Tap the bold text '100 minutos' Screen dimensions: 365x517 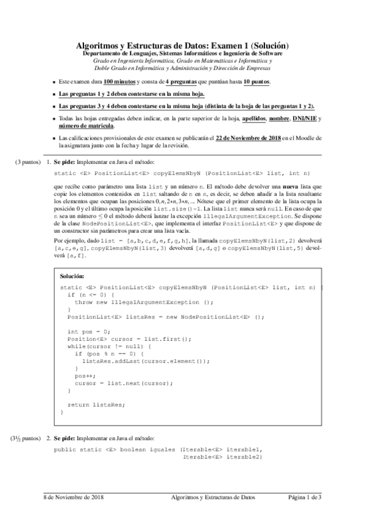tap(119, 82)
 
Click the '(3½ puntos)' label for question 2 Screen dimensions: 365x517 tap(24, 438)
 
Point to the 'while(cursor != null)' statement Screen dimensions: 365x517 tap(104, 346)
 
